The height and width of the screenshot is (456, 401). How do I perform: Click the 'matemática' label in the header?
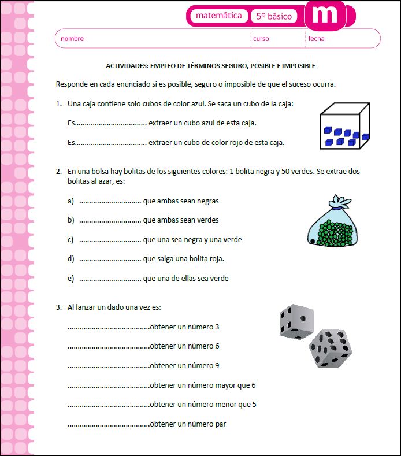pyautogui.click(x=218, y=16)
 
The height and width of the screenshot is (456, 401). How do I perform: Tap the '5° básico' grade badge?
pyautogui.click(x=273, y=17)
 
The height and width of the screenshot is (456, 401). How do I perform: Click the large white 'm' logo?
pyautogui.click(x=324, y=16)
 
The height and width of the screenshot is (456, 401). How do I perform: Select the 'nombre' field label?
pyautogui.click(x=72, y=39)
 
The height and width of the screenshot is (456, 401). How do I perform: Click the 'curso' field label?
pyautogui.click(x=261, y=39)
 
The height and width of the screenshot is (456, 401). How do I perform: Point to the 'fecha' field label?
pyautogui.click(x=316, y=39)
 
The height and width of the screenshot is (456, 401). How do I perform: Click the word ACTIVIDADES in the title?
pyautogui.click(x=126, y=66)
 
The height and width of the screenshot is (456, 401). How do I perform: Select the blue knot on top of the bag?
pyautogui.click(x=339, y=202)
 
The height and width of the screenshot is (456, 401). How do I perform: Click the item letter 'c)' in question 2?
pyautogui.click(x=70, y=239)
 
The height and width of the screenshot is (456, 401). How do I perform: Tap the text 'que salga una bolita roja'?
pyautogui.click(x=183, y=259)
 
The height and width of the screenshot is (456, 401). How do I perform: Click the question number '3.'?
pyautogui.click(x=59, y=307)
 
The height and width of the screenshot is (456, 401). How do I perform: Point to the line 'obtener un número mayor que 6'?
pyautogui.click(x=202, y=385)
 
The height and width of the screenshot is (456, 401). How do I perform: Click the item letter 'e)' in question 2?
pyautogui.click(x=70, y=279)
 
